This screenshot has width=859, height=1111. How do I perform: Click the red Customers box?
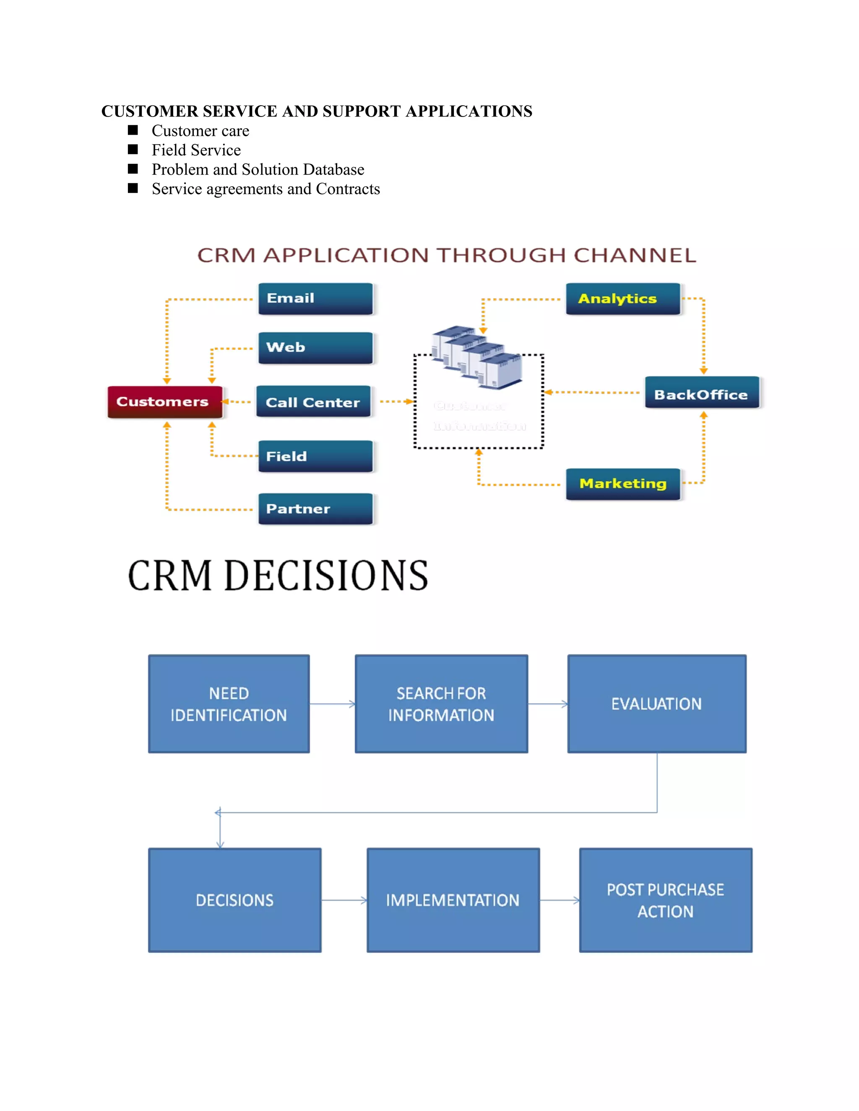[x=164, y=402]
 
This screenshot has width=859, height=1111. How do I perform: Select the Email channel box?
[x=315, y=299]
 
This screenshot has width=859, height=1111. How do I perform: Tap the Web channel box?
[x=315, y=348]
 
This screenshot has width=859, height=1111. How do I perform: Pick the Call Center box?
[x=313, y=402]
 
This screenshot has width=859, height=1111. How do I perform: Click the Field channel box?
[x=315, y=456]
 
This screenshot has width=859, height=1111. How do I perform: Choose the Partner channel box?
[x=315, y=509]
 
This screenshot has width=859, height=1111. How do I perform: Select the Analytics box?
[x=622, y=299]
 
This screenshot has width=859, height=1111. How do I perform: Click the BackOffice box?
[x=701, y=393]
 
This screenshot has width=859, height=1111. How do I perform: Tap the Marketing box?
[x=622, y=484]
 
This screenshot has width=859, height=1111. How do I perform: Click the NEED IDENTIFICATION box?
[x=229, y=704]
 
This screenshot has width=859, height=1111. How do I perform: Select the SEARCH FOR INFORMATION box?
[x=441, y=704]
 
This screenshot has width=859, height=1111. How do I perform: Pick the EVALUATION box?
[x=656, y=704]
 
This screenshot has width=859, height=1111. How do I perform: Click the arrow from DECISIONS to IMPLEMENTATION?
[x=344, y=901]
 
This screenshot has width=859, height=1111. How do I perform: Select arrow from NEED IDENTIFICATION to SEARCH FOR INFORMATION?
[x=332, y=704]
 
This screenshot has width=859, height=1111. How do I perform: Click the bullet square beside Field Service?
[x=133, y=150]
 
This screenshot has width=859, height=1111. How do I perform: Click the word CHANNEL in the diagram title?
[x=635, y=255]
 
